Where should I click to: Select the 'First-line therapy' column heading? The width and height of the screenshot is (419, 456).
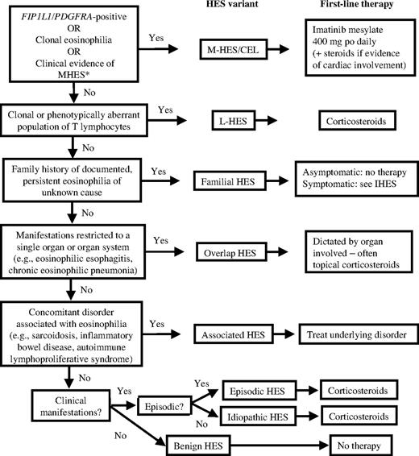(x=350, y=6)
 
